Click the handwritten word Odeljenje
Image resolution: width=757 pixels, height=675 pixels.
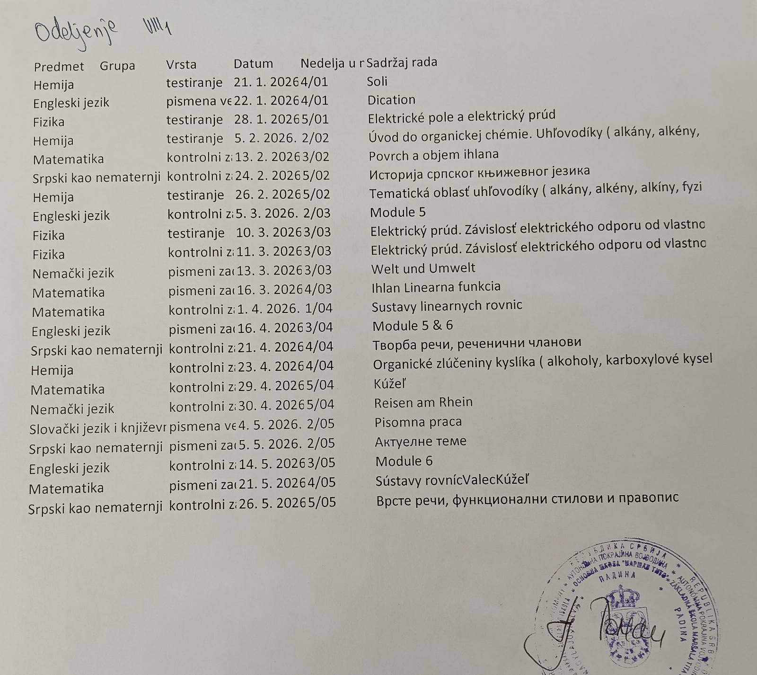[76, 33]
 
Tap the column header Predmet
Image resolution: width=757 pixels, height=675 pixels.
[59, 66]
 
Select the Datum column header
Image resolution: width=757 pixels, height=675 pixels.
[253, 64]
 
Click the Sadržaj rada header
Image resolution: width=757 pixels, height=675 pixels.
[402, 62]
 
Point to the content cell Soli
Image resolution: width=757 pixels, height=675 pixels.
[377, 81]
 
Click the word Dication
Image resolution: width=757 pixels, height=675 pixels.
[391, 100]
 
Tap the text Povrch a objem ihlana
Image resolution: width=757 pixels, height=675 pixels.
[433, 155]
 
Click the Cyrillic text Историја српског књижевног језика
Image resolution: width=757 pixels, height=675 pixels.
[479, 171]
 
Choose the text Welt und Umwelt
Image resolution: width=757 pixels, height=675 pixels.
[423, 268]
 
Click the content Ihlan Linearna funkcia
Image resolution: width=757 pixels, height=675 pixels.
[436, 287]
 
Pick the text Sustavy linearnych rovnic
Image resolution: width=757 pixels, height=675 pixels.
[447, 306]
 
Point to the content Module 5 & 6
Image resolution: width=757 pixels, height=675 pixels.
[413, 326]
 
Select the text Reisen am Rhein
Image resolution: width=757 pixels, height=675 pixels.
[423, 402]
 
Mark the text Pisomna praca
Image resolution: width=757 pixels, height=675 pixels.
[418, 422]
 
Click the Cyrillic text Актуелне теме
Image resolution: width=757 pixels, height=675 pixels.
[421, 441]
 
